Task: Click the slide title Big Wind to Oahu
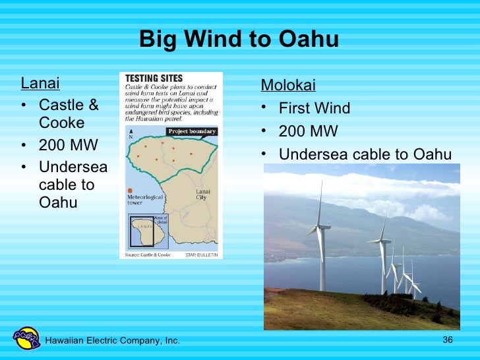click(x=239, y=40)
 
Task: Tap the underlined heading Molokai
click(x=288, y=86)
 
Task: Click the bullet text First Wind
click(x=315, y=108)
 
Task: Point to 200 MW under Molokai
click(x=308, y=131)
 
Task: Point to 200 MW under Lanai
click(x=69, y=145)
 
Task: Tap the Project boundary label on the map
click(x=191, y=131)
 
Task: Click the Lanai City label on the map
click(x=204, y=195)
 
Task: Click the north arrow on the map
click(x=131, y=133)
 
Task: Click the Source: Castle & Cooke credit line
click(x=148, y=254)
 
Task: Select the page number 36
click(x=448, y=340)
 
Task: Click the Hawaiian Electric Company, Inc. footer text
click(x=112, y=340)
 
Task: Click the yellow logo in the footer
click(x=27, y=338)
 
